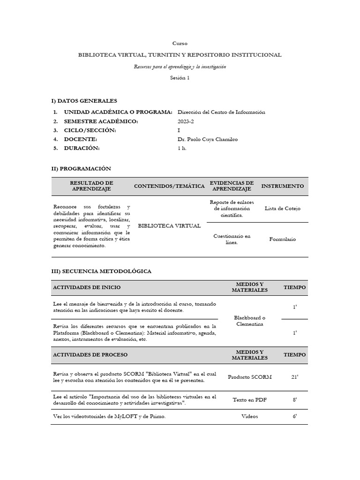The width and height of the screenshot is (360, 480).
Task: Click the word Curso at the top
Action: pyautogui.click(x=180, y=43)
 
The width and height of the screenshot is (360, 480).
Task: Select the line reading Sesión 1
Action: pyautogui.click(x=180, y=78)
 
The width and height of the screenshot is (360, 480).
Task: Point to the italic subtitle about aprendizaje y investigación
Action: pyautogui.click(x=180, y=67)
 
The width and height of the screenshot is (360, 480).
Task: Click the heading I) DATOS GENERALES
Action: pyautogui.click(x=84, y=101)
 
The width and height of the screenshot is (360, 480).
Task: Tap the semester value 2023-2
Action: pyautogui.click(x=186, y=121)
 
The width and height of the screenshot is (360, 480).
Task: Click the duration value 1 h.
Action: pyautogui.click(x=182, y=148)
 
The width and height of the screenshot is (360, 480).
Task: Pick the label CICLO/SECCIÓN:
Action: pyautogui.click(x=90, y=130)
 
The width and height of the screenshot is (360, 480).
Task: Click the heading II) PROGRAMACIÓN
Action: pyautogui.click(x=81, y=168)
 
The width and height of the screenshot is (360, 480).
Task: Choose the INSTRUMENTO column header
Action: pyautogui.click(x=282, y=186)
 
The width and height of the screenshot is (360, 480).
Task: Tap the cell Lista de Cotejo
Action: pyautogui.click(x=282, y=209)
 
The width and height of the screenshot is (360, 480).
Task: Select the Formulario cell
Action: pyautogui.click(x=282, y=239)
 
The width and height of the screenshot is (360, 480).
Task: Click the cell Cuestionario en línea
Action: pyautogui.click(x=232, y=239)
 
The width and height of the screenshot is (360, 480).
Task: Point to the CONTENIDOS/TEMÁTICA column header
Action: pyautogui.click(x=169, y=186)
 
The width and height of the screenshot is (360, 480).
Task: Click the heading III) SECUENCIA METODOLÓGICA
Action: pyautogui.click(x=101, y=271)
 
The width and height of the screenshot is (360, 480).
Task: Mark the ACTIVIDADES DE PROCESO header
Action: pyautogui.click(x=90, y=355)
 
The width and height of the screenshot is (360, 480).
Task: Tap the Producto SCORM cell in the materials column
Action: pyautogui.click(x=249, y=377)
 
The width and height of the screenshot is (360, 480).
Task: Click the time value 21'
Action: pyautogui.click(x=294, y=377)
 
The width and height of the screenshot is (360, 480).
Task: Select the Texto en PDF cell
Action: pyautogui.click(x=249, y=400)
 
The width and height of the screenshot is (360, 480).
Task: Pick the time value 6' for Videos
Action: pyautogui.click(x=294, y=416)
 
